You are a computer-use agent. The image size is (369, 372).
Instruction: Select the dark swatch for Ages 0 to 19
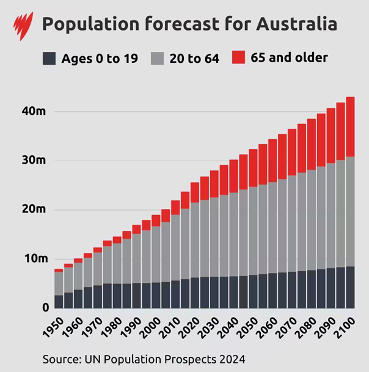[49, 59]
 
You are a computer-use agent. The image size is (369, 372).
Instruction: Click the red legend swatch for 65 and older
[239, 58]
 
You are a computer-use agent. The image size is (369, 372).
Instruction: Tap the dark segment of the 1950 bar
[59, 301]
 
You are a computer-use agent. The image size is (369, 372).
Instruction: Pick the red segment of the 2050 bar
[253, 168]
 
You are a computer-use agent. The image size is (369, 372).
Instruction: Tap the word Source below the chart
[60, 357]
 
